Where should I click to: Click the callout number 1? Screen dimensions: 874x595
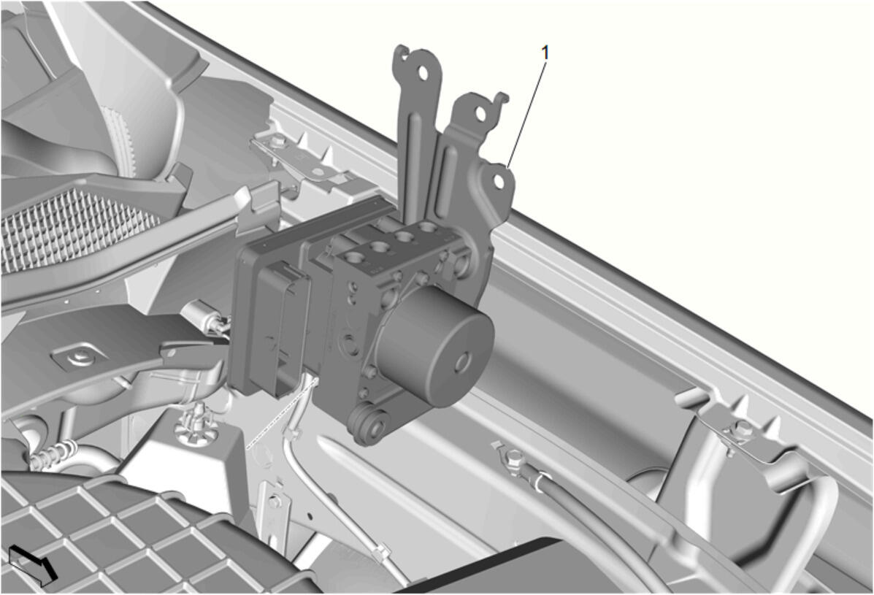545,53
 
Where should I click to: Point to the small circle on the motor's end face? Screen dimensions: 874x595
463,363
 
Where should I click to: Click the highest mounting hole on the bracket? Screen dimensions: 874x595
423,73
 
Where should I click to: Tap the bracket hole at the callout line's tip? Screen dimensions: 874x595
499,182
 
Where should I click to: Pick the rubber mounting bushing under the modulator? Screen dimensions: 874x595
368,425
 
